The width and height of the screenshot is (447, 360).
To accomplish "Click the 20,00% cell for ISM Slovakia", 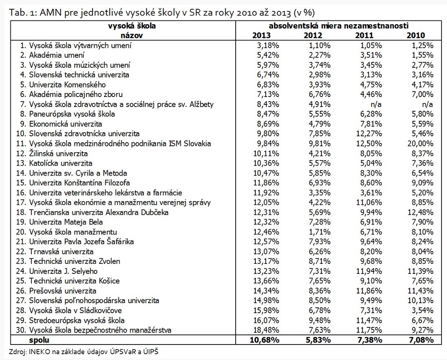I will click(420, 143).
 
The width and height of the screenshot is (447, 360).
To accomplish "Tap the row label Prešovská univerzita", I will click(63, 291).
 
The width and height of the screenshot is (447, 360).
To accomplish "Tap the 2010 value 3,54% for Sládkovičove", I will click(421, 310).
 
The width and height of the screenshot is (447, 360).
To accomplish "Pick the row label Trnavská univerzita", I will click(61, 251).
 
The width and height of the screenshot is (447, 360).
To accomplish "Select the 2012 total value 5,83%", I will click(318, 340).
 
